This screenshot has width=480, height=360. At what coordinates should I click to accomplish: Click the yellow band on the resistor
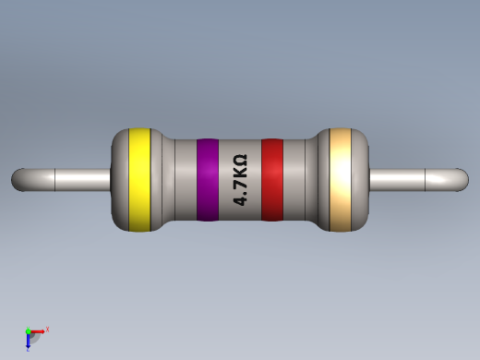click(x=139, y=180)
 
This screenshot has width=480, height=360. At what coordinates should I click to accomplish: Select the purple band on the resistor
click(x=207, y=180)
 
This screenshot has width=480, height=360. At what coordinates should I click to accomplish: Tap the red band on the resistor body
click(x=271, y=180)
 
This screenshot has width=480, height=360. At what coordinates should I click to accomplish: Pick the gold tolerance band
click(x=341, y=180)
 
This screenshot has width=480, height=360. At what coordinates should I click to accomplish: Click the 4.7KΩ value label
click(x=240, y=180)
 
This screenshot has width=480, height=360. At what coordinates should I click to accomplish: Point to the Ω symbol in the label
click(x=240, y=161)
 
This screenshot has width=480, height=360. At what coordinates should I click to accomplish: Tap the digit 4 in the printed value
click(x=240, y=200)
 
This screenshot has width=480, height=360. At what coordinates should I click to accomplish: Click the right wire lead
click(x=415, y=179)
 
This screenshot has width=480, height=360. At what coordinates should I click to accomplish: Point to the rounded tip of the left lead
click(x=18, y=179)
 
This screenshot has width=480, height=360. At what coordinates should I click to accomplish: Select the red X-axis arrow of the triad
click(x=39, y=330)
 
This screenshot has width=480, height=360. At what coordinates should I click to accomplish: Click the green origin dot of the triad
click(x=29, y=331)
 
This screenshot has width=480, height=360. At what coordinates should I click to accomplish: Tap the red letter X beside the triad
click(x=47, y=329)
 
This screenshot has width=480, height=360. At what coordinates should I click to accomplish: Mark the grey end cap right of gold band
click(x=360, y=180)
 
